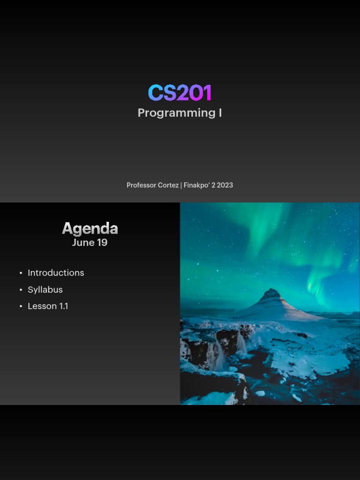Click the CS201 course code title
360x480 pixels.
180,93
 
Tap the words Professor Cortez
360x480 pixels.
152,185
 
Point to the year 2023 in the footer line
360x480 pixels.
225,185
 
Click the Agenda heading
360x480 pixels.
90,228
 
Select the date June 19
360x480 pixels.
90,243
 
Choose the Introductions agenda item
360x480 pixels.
56,273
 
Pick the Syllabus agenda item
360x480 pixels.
45,290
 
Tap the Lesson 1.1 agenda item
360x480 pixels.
48,306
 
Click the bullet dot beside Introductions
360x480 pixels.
21,273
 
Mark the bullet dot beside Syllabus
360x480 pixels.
21,290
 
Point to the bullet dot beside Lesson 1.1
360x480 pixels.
21,307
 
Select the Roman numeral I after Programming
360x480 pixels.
220,113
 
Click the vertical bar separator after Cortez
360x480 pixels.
181,185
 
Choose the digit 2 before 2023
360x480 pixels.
213,185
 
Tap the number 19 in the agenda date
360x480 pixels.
102,243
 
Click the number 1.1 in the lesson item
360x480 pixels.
63,306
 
